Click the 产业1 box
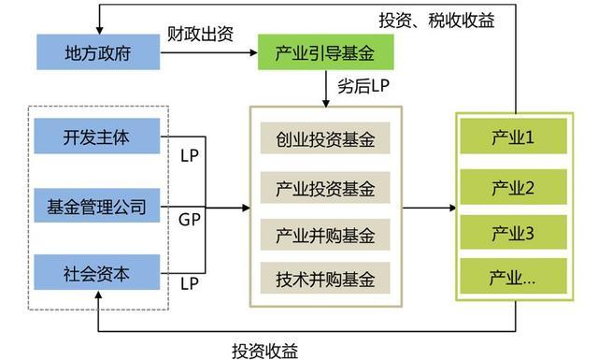tap(512, 138)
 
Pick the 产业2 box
tap(512, 188)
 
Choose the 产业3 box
tap(512, 233)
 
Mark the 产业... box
tap(512, 278)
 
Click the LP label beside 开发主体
tap(190, 155)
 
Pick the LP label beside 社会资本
tap(190, 281)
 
